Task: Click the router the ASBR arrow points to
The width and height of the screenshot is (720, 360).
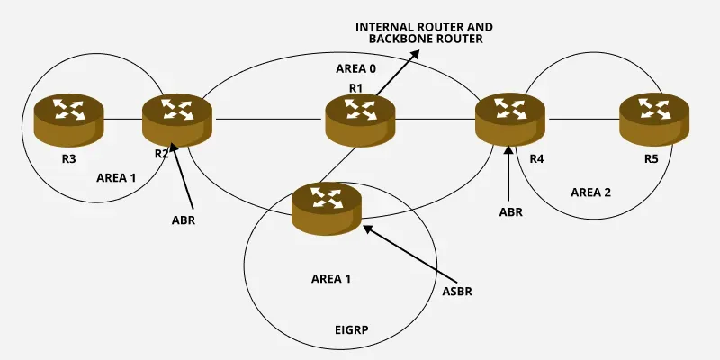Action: click(327, 204)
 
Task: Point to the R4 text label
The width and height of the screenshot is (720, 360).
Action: click(537, 159)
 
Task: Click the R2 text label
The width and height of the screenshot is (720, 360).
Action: click(161, 154)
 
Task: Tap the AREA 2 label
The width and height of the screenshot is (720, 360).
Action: click(591, 193)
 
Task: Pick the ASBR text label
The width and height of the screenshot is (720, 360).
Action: click(456, 292)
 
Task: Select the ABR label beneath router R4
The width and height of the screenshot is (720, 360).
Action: click(510, 212)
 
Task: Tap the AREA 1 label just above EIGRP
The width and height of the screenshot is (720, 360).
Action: click(331, 279)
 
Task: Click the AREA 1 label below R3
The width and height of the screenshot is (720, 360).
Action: click(116, 177)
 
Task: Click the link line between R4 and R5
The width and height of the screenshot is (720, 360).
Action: click(583, 118)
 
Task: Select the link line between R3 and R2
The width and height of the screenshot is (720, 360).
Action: click(123, 118)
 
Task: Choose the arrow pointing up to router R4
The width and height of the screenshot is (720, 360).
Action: click(510, 175)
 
